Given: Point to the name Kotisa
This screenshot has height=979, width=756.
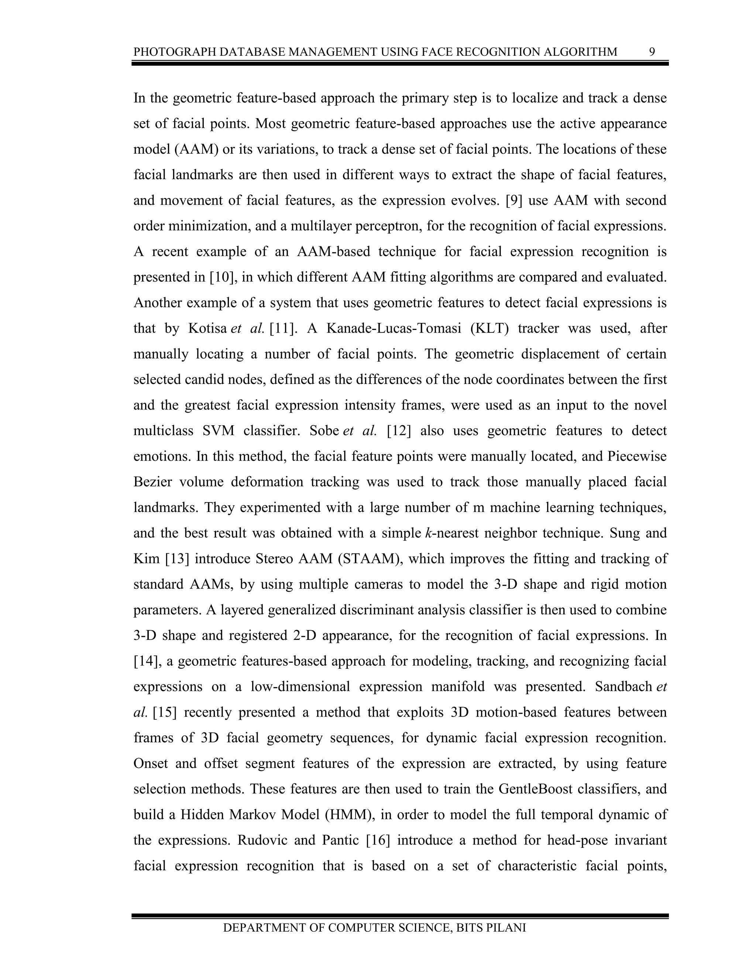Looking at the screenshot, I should point(207,328).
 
